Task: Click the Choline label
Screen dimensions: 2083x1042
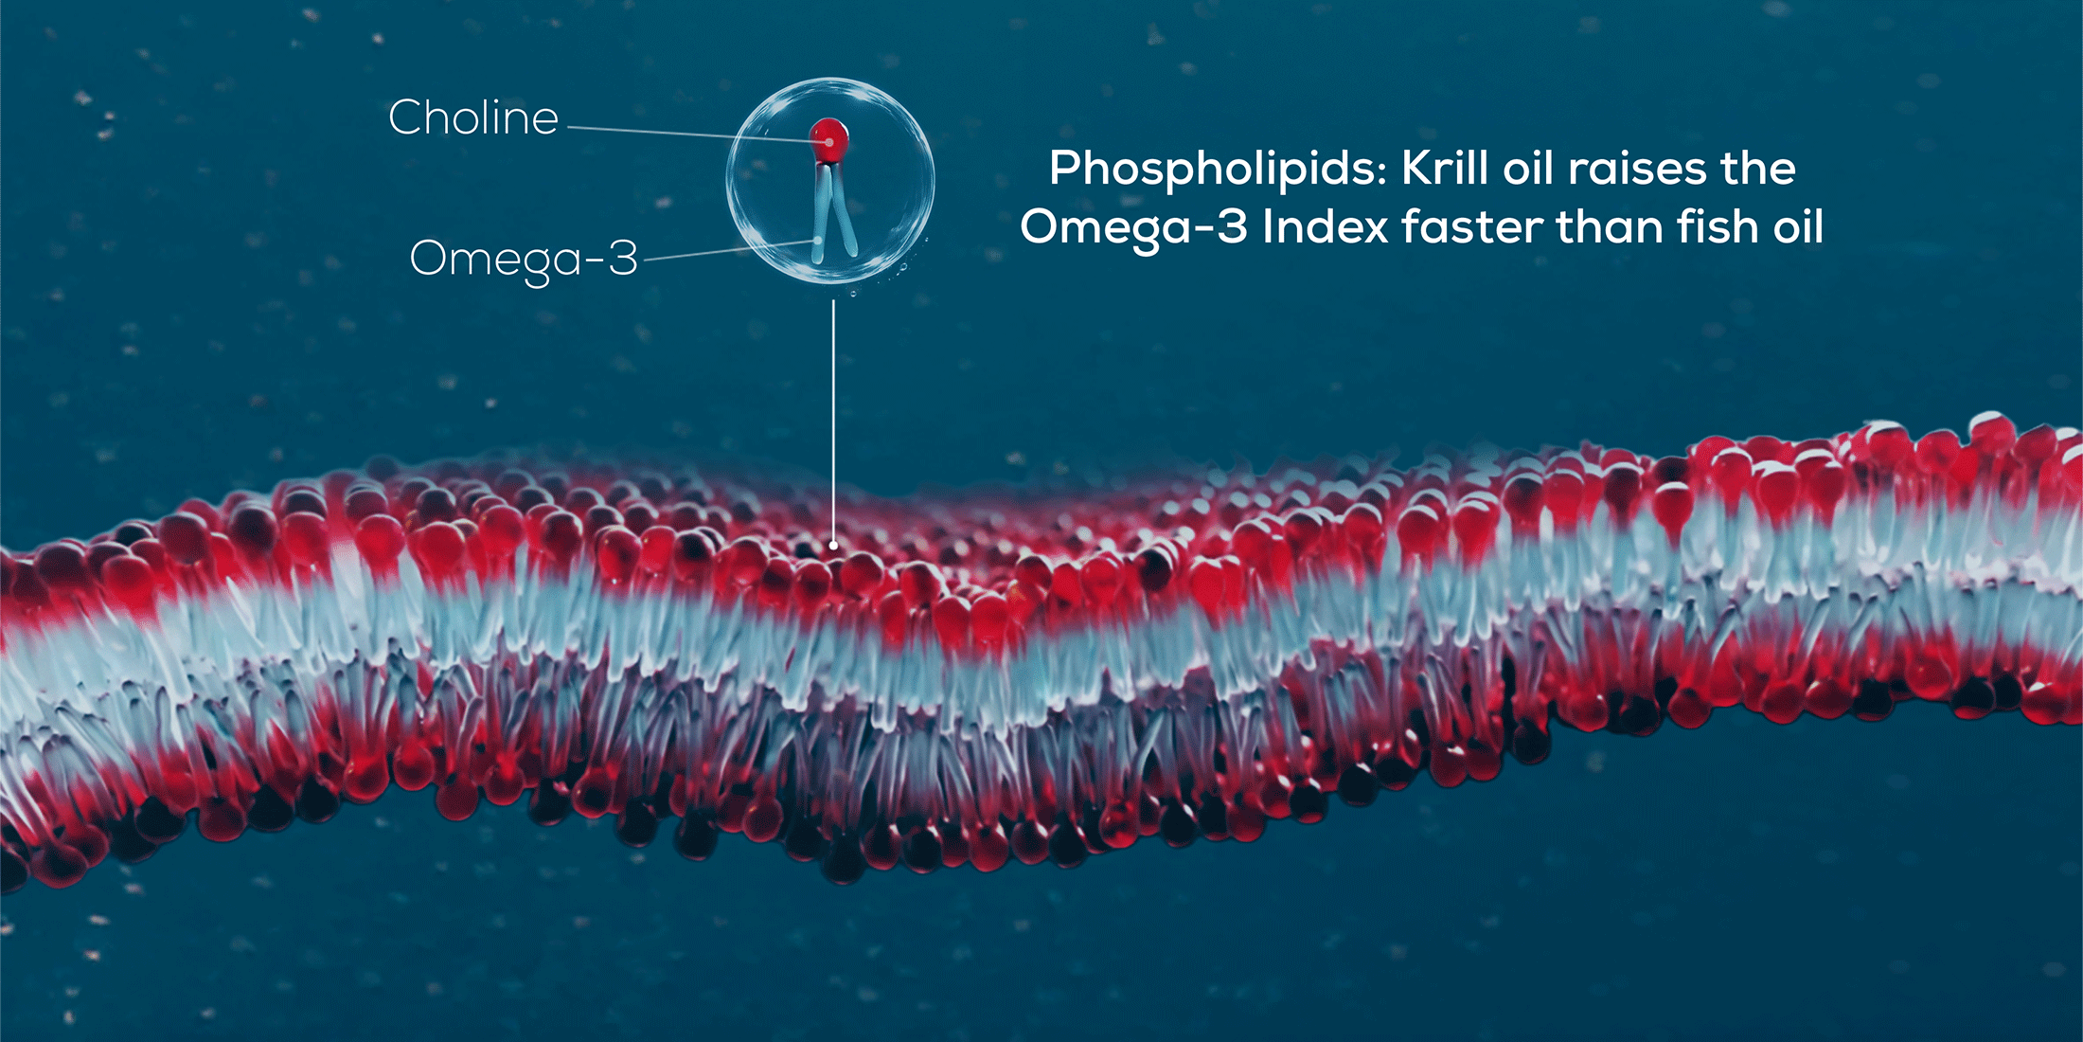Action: click(473, 117)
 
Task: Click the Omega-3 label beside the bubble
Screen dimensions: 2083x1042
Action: click(524, 259)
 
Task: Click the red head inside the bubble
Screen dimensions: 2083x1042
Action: click(829, 140)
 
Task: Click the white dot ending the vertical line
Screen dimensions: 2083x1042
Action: click(833, 545)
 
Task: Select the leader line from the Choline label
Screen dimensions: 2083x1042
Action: click(697, 135)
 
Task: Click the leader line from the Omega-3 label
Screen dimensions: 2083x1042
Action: click(730, 250)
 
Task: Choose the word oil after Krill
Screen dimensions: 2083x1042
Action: click(1530, 169)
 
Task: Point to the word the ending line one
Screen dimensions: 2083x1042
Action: click(1758, 169)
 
